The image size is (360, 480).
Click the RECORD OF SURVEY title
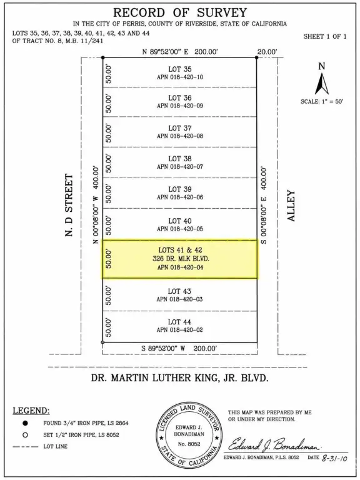point(180,12)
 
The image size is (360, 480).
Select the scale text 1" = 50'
point(332,102)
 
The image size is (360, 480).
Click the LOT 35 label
point(180,69)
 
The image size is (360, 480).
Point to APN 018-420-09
point(180,106)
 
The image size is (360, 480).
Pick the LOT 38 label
point(180,159)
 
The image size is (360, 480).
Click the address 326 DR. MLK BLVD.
point(181,259)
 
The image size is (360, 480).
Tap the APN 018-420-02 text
point(180,330)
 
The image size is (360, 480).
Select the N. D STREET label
point(69,205)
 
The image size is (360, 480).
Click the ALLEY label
point(291,206)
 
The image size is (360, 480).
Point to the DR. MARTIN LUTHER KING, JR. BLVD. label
point(180,378)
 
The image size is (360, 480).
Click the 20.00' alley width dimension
point(267,52)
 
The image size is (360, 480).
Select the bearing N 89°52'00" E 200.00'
point(180,52)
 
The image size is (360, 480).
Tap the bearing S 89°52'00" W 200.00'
point(179,348)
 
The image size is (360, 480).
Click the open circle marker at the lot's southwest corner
point(102,342)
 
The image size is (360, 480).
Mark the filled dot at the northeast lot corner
point(256,57)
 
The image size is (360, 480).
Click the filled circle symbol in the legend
point(25,423)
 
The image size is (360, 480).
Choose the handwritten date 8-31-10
point(334,458)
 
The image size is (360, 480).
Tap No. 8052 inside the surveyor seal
point(189,444)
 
